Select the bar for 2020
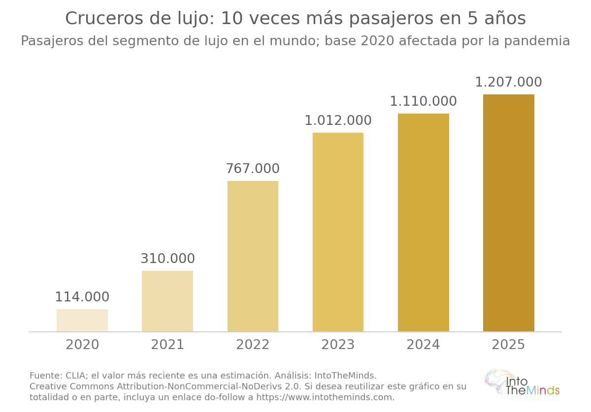pos(82,321)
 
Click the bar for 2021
pos(167,301)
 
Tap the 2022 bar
pos(253,256)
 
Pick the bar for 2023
pos(338,232)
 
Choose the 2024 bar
pos(424,223)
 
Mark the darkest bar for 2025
pos(509,213)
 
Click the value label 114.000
pos(82,297)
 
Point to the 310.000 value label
pos(167,259)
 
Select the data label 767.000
pos(253,169)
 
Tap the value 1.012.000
pos(338,120)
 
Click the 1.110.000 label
pos(423,101)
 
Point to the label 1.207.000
pos(508,82)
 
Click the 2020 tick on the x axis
pos(82,345)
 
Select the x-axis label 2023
pos(338,345)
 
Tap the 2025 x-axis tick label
pos(508,345)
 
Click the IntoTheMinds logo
pos(522,385)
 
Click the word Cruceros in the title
pos(105,19)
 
